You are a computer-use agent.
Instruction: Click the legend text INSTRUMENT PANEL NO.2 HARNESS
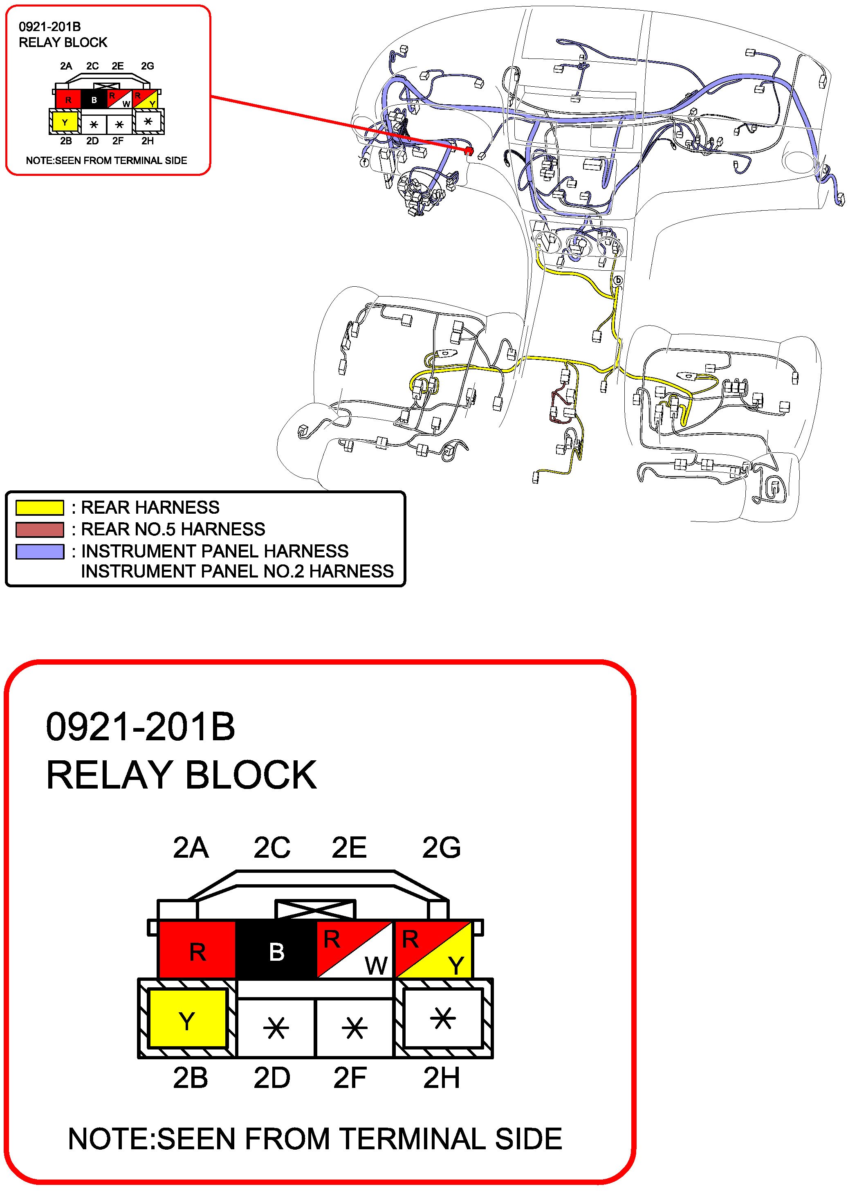[x=237, y=571]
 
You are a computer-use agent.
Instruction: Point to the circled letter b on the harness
[x=618, y=281]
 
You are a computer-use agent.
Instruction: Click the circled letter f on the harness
[x=364, y=163]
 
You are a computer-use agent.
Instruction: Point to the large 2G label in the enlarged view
[x=441, y=847]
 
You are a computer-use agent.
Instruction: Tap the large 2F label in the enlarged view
[x=350, y=1078]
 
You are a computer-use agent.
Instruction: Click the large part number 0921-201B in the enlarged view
[x=140, y=727]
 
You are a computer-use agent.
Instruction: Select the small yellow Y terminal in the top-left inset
[x=65, y=123]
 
